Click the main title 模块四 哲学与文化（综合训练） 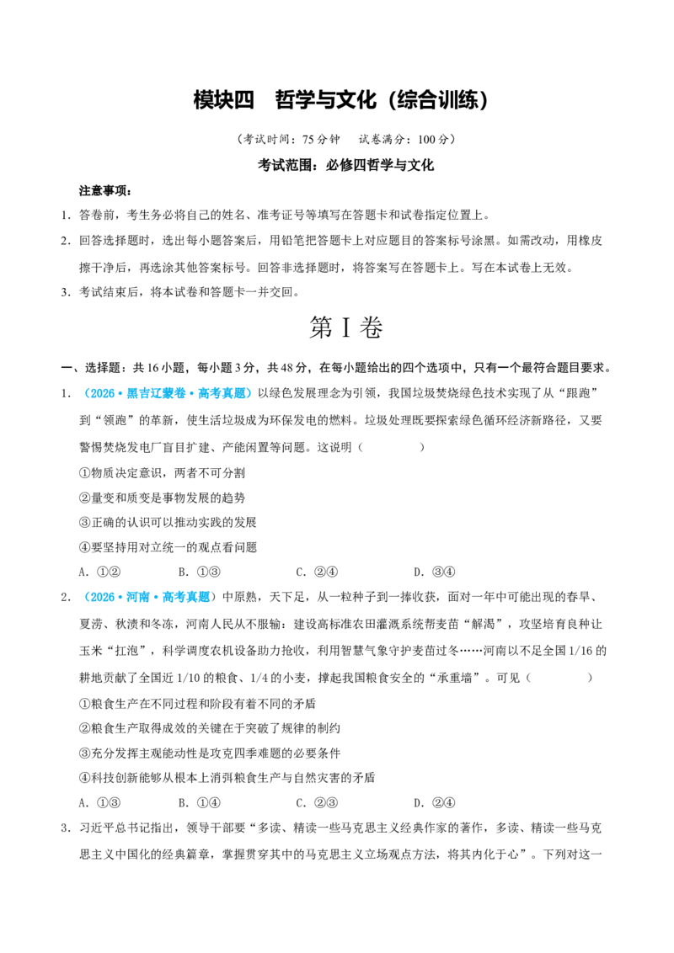[x=340, y=100]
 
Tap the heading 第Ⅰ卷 [x=345, y=327]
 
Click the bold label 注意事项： [x=105, y=191]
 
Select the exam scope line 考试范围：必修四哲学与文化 [x=345, y=165]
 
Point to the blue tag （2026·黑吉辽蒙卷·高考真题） [x=166, y=393]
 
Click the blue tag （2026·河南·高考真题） [x=148, y=597]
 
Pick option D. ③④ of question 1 [x=435, y=572]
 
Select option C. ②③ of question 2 [x=317, y=803]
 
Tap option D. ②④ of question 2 [x=435, y=803]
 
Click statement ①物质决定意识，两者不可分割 [x=162, y=473]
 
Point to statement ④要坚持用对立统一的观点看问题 [x=168, y=547]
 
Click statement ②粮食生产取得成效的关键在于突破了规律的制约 [x=209, y=728]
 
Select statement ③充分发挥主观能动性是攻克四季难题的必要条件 [x=209, y=753]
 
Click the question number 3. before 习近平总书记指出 [x=66, y=828]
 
